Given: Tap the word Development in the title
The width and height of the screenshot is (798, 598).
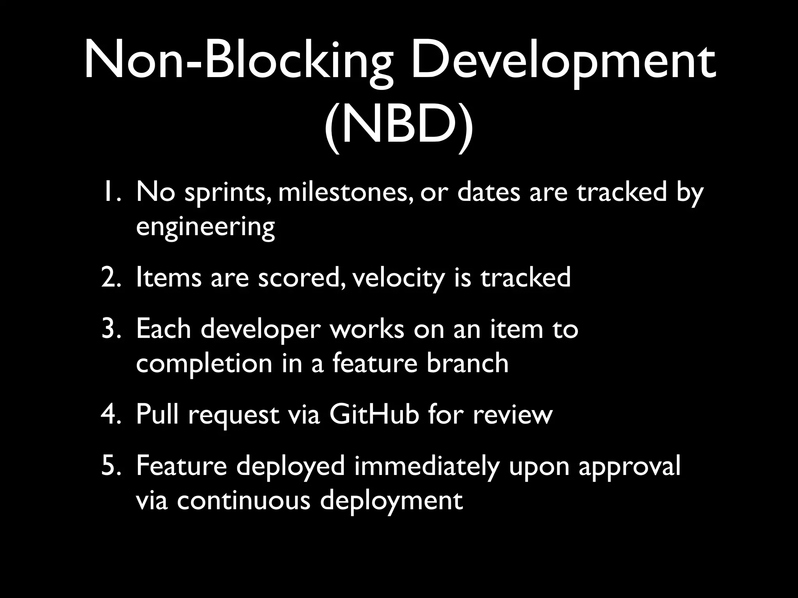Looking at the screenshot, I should pos(563,62).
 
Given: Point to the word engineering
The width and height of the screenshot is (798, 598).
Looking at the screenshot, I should pos(205,227).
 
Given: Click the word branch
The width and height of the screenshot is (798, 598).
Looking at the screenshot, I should pos(467,363).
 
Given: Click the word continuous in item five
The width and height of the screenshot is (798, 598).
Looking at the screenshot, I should pos(244,500).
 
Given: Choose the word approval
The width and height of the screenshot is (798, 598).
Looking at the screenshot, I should pos(629,467).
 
